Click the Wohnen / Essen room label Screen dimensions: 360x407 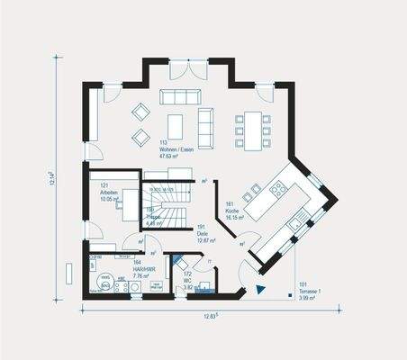(x=176, y=149)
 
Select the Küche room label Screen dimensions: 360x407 (x=234, y=211)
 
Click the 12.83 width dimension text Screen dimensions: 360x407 (x=213, y=315)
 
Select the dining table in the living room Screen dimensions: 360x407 (x=252, y=130)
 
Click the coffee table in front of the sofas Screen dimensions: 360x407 (x=175, y=126)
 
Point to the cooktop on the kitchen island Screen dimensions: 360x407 (x=278, y=188)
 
